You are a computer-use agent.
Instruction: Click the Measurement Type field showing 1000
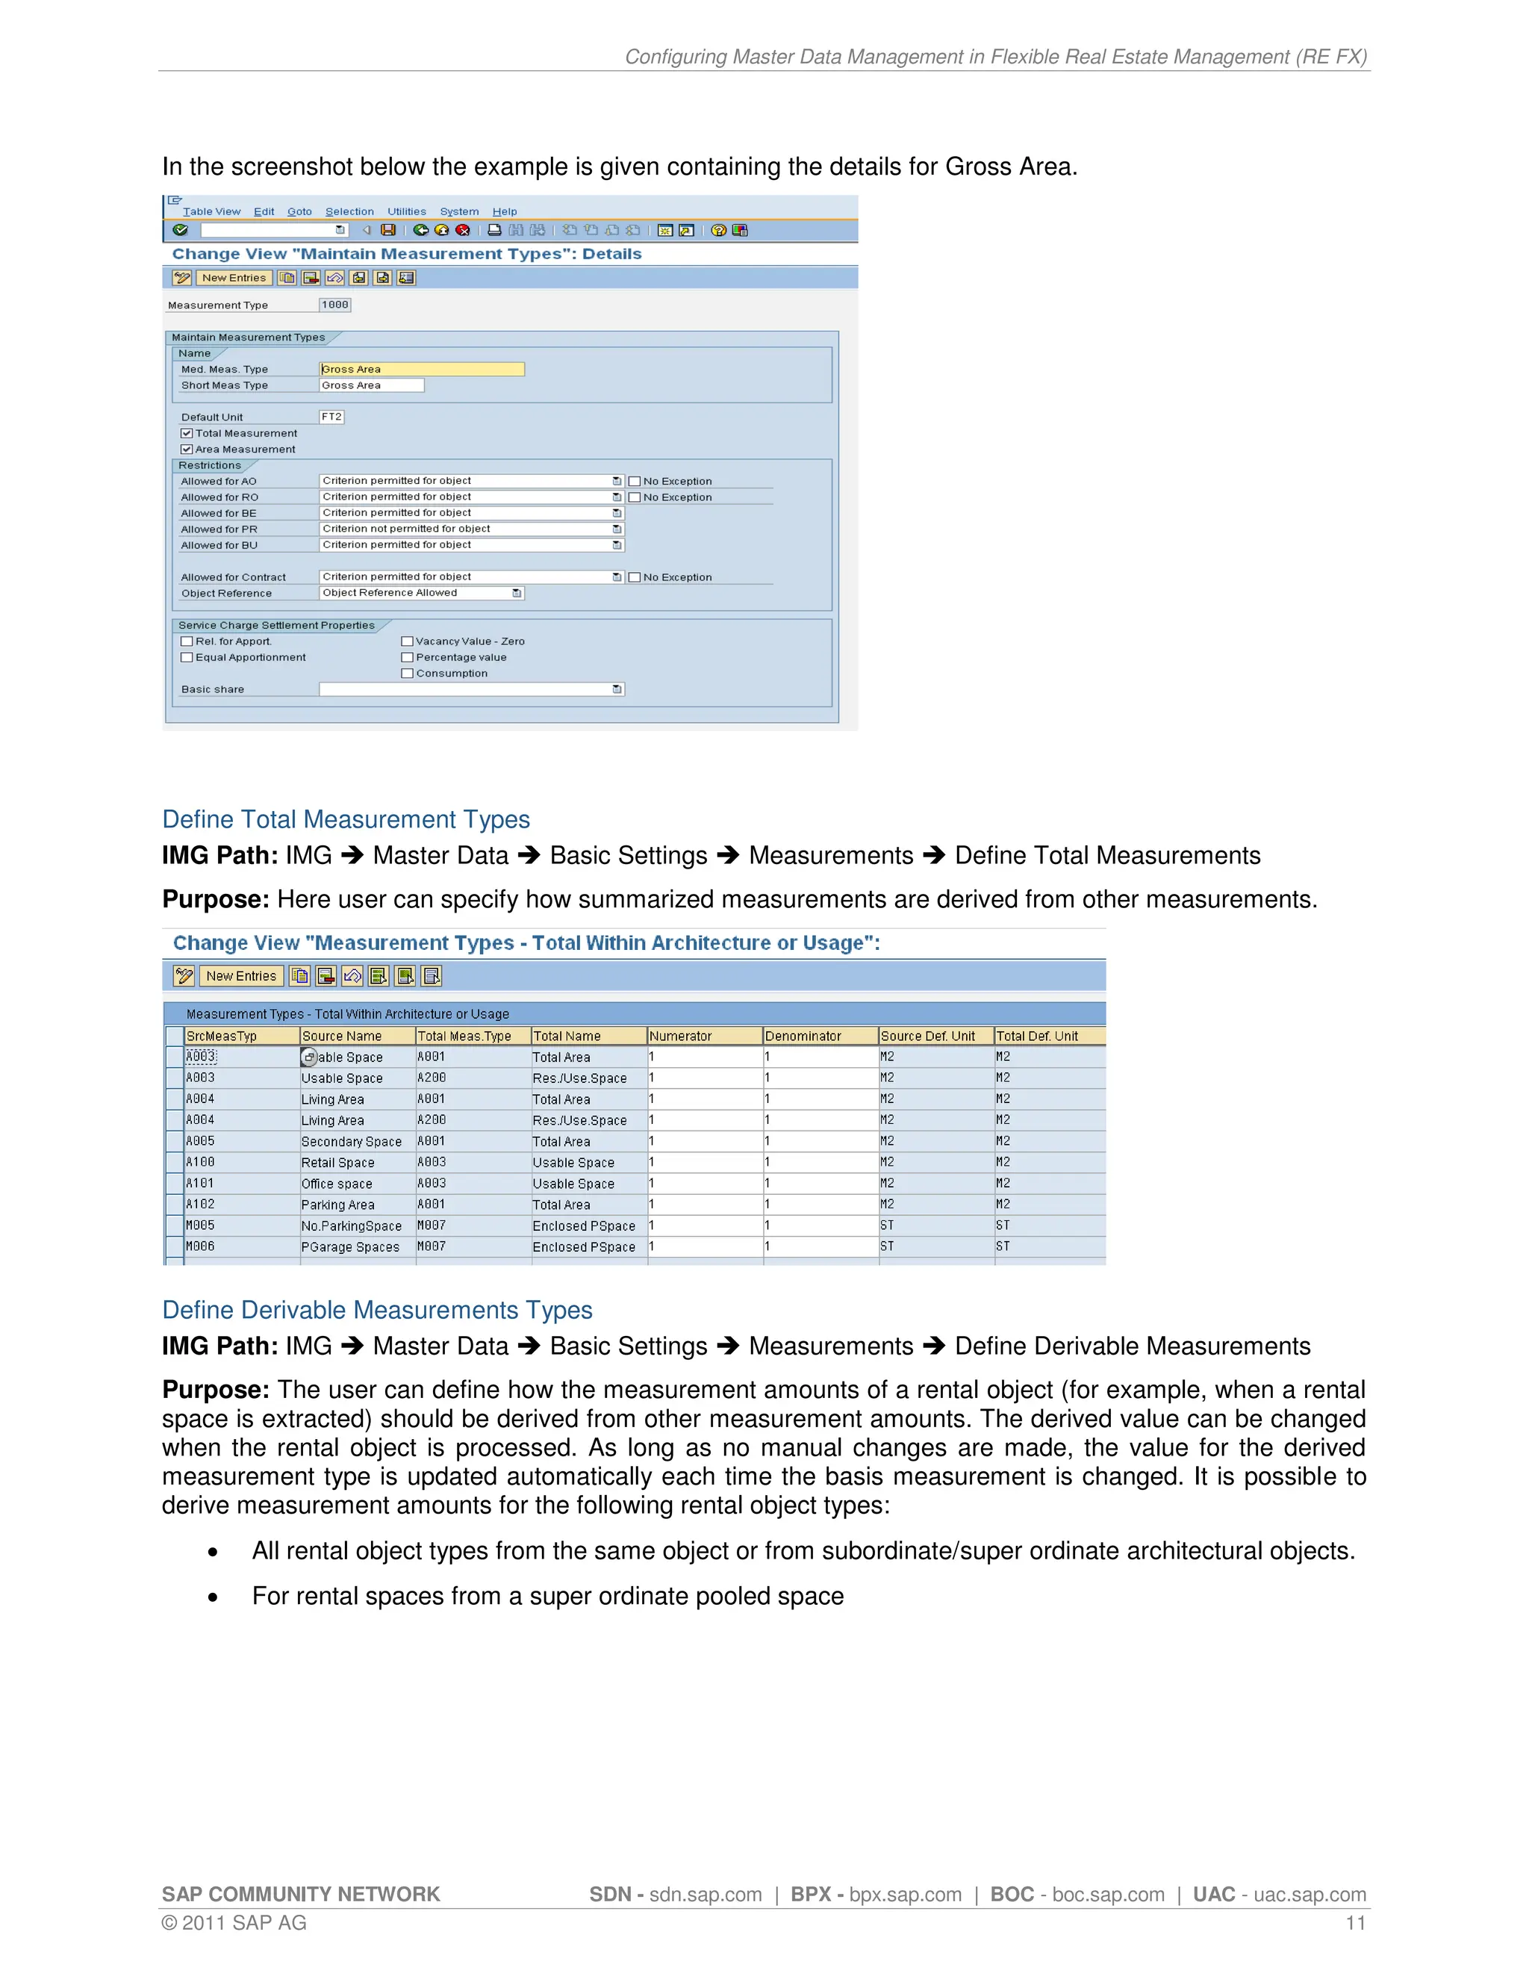334,305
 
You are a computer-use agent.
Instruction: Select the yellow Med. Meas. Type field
421,369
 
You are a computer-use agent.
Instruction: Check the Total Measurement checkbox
187,433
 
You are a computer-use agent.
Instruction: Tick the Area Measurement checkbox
187,450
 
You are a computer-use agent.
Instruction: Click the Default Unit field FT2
331,417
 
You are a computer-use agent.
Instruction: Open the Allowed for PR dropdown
617,529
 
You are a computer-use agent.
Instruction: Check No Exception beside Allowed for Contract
635,577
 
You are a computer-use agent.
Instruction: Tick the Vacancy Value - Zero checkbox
408,641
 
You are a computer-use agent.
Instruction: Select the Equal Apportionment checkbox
187,658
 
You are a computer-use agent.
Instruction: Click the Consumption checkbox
408,674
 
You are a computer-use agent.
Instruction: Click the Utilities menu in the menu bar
407,212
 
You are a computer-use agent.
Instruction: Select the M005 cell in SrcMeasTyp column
201,1225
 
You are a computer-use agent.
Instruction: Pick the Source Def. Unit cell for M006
888,1247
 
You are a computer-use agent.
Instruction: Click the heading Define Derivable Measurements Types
377,1311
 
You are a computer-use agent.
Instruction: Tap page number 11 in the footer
1355,1923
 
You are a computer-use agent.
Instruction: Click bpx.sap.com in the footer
905,1895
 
